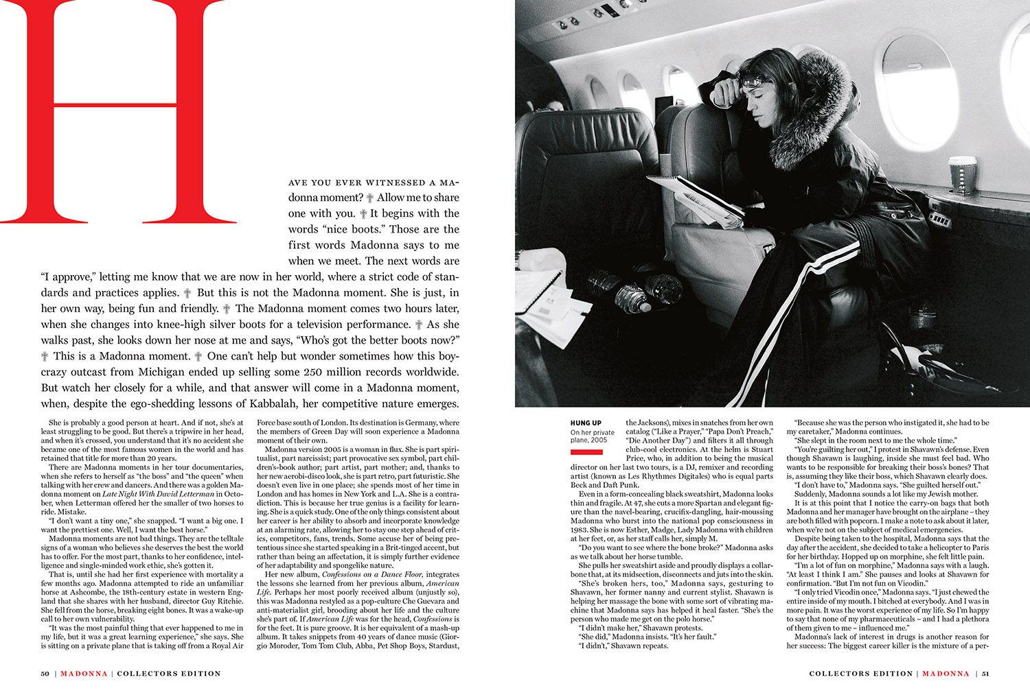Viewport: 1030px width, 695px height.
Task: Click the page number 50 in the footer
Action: [45, 674]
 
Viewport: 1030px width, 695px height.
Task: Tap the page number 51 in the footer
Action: [985, 674]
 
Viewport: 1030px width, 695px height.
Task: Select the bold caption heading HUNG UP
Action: [586, 423]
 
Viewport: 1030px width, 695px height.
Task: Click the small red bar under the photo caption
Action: [586, 452]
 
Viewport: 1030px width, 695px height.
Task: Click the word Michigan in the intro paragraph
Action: [157, 372]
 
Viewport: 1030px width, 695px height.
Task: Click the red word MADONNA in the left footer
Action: [84, 674]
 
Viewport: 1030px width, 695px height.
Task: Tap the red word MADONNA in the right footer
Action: [946, 674]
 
